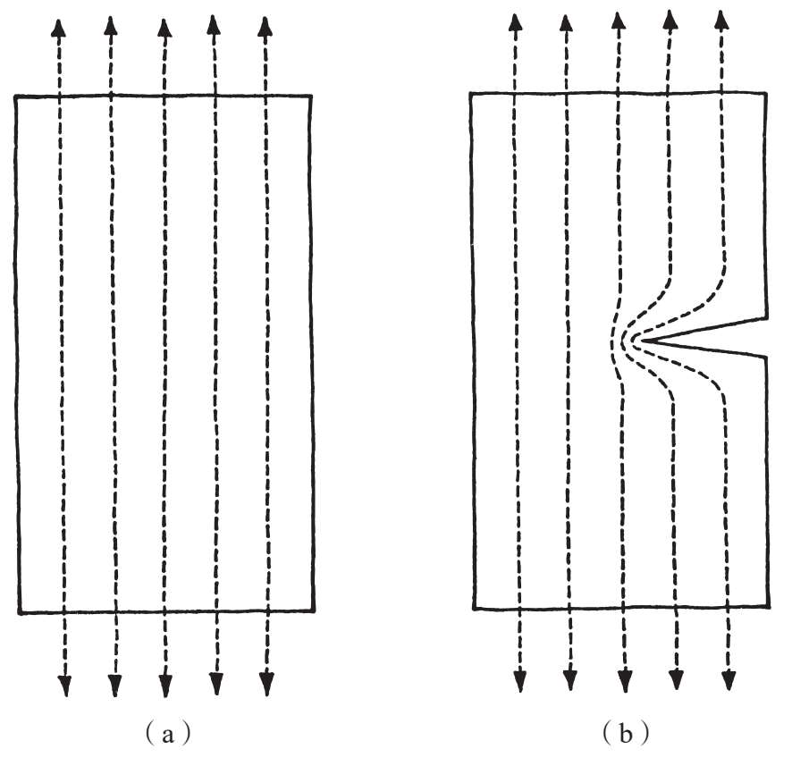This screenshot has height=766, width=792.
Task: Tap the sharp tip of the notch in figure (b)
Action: (x=637, y=340)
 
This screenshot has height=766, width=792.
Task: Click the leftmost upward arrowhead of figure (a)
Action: (x=58, y=27)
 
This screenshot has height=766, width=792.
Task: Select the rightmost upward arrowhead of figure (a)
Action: (x=264, y=27)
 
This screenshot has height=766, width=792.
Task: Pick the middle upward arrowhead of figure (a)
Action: (x=164, y=27)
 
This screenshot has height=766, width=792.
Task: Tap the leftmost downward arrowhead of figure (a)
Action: (x=64, y=685)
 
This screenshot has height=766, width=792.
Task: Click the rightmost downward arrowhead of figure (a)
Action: (x=265, y=685)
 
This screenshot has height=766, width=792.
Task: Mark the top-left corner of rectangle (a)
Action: (x=16, y=95)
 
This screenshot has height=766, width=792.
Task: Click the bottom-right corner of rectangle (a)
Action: (x=314, y=611)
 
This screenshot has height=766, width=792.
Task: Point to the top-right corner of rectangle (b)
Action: (x=765, y=92)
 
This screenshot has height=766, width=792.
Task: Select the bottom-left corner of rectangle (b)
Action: (x=473, y=609)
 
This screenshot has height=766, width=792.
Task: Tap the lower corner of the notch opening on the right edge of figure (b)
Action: (x=766, y=357)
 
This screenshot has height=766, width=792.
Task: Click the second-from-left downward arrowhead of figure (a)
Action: (x=114, y=685)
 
